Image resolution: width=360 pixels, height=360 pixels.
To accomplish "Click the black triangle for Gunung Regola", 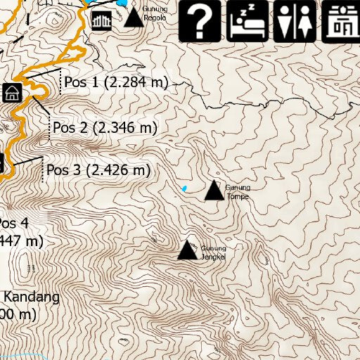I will click(134, 17).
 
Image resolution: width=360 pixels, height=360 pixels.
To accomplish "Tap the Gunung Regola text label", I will click(155, 13).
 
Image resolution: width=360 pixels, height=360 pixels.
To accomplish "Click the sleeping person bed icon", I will click(247, 20).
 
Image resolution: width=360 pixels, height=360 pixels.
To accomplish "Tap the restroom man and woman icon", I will click(295, 20).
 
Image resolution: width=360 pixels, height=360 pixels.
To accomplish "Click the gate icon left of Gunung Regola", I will click(102, 20).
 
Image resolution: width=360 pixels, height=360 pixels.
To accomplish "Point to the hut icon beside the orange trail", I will click(12, 92).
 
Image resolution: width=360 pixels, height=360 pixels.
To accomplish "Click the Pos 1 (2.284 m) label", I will click(116, 83).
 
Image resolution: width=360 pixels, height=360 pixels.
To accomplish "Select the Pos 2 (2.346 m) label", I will click(104, 128).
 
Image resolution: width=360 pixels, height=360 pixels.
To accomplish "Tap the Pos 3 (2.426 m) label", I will click(98, 170).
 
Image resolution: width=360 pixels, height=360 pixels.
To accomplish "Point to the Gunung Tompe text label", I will click(237, 192).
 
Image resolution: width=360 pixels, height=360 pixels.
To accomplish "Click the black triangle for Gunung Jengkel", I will click(187, 250).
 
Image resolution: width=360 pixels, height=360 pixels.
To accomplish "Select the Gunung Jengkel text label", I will click(213, 252).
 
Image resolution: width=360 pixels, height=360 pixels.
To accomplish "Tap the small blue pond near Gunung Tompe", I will click(184, 188).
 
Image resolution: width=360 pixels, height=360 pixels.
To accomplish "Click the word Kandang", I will click(34, 297).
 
